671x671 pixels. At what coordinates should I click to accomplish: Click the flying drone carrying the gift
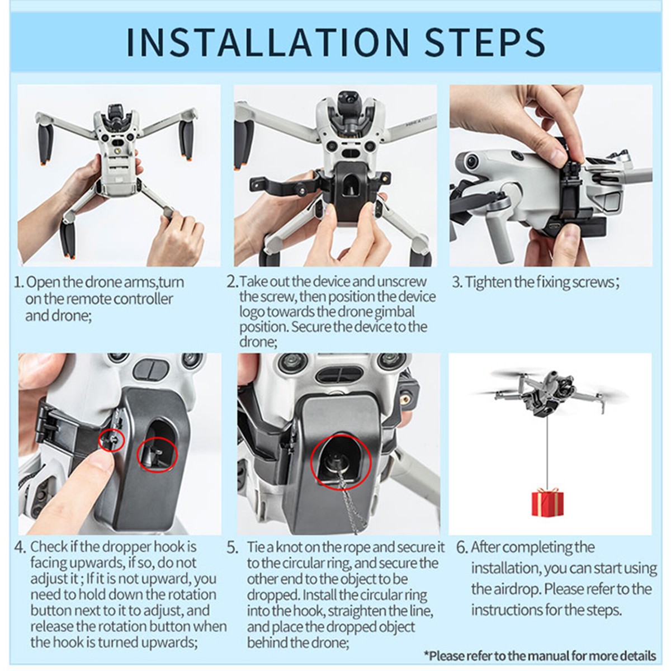(x=545, y=391)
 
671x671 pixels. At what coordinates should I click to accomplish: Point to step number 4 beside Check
(x=20, y=547)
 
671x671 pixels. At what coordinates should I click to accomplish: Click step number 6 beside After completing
(x=461, y=547)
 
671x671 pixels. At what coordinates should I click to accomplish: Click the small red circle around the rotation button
(x=111, y=440)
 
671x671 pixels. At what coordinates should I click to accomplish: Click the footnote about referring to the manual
(x=540, y=655)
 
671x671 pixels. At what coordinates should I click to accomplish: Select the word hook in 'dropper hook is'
(x=168, y=546)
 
